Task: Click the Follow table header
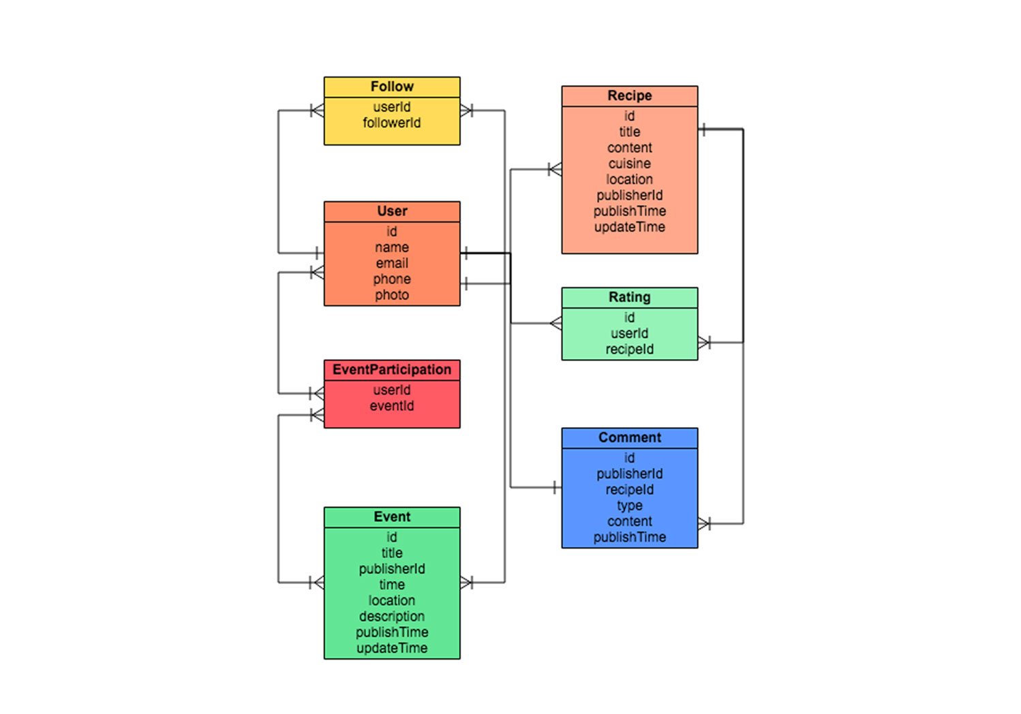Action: (x=392, y=87)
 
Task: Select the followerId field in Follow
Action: (x=392, y=123)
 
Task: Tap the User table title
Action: (x=392, y=211)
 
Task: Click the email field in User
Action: (x=392, y=263)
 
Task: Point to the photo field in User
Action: (x=392, y=295)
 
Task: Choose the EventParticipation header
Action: (x=392, y=370)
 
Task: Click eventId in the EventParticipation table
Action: (x=392, y=406)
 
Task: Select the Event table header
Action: (x=392, y=517)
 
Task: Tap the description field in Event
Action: (x=392, y=617)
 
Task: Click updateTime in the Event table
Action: (x=392, y=648)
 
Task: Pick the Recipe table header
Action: (x=630, y=96)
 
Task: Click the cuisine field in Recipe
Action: (x=630, y=164)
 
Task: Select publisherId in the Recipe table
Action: (x=630, y=196)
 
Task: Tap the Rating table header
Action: (x=630, y=298)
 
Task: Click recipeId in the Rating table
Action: (x=630, y=350)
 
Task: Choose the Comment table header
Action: (x=630, y=438)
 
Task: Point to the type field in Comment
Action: (x=630, y=506)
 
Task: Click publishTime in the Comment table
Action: (x=630, y=538)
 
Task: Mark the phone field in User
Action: (x=392, y=279)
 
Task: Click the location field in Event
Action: (x=392, y=601)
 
